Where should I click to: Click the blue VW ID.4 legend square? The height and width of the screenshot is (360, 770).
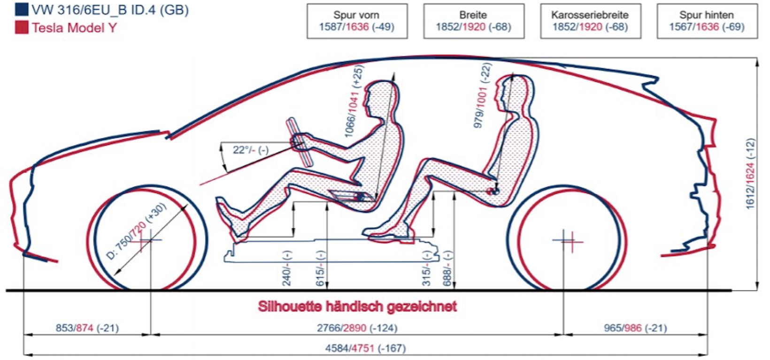(21, 9)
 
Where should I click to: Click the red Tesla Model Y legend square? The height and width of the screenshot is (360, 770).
(21, 28)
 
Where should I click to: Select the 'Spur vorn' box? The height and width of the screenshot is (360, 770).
(357, 21)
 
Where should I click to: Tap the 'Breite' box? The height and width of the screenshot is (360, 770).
(474, 21)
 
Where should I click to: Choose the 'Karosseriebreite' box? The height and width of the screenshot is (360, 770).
(591, 21)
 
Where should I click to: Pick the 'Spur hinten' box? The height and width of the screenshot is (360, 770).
(707, 21)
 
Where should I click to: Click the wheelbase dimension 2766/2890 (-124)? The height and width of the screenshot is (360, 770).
(357, 328)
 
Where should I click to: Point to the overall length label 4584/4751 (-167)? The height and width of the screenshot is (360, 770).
(366, 348)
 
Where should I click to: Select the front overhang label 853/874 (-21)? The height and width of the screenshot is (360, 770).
(87, 328)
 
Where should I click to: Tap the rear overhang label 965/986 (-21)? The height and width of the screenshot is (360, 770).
(636, 328)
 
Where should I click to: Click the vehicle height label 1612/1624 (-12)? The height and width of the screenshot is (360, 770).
(750, 174)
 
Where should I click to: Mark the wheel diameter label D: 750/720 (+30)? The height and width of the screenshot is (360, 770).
(137, 231)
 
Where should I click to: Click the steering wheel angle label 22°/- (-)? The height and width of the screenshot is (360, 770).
(251, 150)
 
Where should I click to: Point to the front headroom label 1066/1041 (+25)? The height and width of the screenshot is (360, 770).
(354, 101)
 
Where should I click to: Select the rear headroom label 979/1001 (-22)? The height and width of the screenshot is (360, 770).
(483, 95)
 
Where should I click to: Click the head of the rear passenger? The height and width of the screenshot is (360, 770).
(515, 93)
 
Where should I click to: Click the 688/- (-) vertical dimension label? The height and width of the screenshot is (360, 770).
(447, 268)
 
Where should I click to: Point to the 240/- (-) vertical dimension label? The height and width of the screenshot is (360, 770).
(287, 268)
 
